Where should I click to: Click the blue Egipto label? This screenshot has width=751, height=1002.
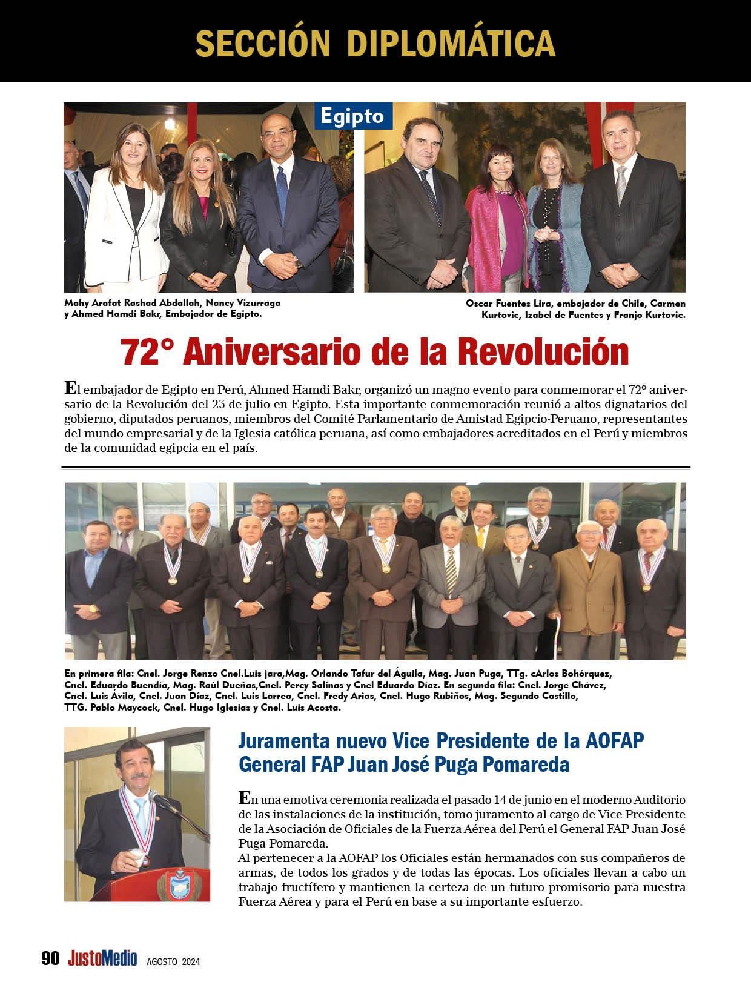click(x=353, y=115)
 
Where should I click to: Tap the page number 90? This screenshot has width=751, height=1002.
click(x=50, y=958)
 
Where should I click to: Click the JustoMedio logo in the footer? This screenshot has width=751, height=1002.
click(x=102, y=958)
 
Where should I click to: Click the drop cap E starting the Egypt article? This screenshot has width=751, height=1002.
click(x=70, y=387)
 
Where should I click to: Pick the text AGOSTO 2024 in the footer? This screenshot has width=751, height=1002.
click(x=173, y=961)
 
